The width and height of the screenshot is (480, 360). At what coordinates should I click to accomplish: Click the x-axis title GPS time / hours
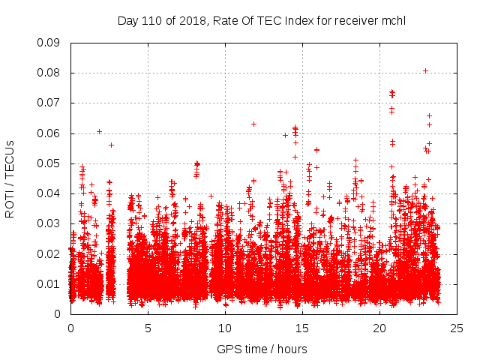point(262,349)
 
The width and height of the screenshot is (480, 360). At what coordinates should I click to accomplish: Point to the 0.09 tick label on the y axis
point(49,43)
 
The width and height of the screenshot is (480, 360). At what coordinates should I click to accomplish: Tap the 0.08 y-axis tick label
point(49,73)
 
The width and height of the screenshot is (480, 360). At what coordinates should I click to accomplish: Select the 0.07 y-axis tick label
point(49,103)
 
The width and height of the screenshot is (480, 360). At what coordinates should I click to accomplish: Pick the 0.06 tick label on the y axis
point(49,133)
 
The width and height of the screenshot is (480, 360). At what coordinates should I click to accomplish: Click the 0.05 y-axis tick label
point(49,163)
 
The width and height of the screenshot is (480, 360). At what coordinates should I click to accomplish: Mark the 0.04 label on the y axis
point(49,193)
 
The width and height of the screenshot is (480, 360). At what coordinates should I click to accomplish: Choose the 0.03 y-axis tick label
point(49,223)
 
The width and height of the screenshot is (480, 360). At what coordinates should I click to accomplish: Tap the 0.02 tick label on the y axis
point(49,253)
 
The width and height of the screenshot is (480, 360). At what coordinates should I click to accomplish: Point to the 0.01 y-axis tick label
point(49,283)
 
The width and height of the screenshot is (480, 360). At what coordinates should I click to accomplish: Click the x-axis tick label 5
point(148,328)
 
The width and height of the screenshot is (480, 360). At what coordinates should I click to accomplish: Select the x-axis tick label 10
point(225,328)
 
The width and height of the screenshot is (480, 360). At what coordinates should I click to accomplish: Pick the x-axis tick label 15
point(302,328)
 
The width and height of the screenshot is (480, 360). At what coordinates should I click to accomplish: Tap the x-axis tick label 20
point(379,328)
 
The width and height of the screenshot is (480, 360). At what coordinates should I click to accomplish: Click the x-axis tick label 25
point(457,328)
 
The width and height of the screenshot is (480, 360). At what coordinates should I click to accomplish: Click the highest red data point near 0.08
point(425,70)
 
